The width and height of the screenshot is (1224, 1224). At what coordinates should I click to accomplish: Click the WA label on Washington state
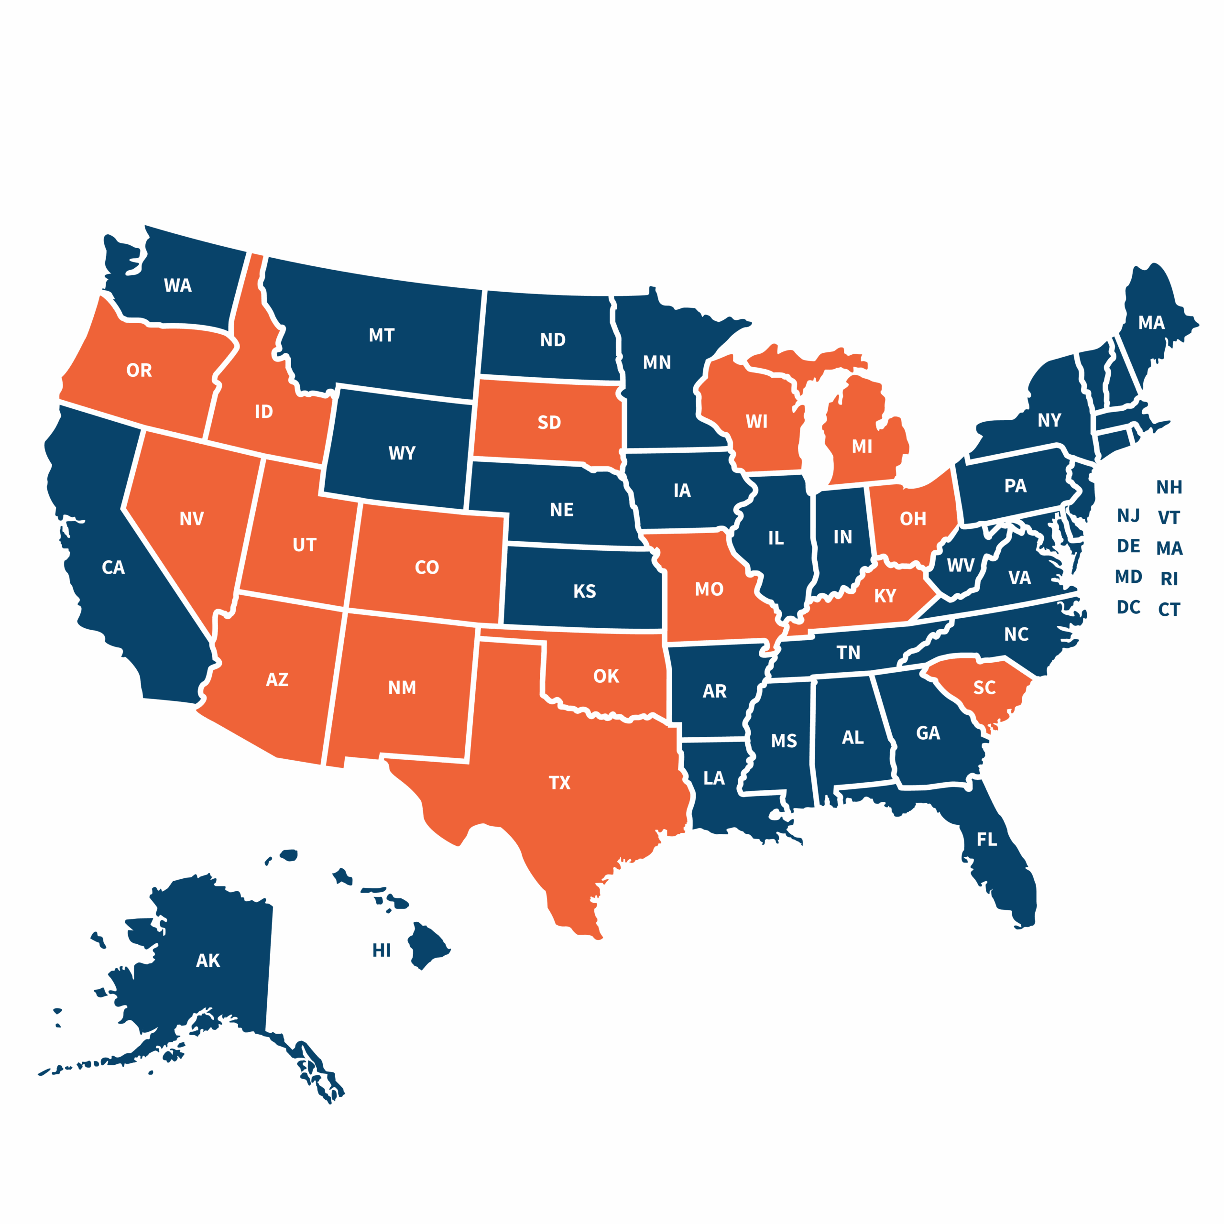pos(177,286)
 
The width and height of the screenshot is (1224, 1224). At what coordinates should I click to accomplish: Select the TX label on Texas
pos(559,783)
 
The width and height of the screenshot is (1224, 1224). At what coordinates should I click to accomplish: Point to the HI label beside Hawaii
pos(382,951)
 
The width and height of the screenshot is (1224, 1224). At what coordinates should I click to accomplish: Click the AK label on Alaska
pos(208,961)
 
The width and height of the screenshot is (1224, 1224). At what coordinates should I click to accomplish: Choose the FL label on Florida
pos(986,840)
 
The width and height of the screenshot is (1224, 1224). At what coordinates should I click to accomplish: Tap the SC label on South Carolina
pos(984,688)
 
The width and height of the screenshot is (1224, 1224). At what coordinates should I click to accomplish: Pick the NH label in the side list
pos(1169,487)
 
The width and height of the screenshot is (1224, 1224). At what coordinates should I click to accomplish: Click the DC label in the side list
pos(1128,608)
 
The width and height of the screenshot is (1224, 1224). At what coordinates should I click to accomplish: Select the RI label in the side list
pos(1169,579)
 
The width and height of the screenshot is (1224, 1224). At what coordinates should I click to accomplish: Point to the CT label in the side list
pos(1169,610)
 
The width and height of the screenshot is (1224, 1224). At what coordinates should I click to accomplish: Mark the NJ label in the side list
pos(1128,516)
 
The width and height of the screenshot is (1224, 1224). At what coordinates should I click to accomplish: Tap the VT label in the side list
pos(1169,518)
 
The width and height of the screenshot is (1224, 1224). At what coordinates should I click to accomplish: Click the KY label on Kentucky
pos(885,596)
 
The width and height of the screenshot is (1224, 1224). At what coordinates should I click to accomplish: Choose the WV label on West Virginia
pos(961,566)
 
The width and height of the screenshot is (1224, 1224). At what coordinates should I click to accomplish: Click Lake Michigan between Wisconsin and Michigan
pos(815,444)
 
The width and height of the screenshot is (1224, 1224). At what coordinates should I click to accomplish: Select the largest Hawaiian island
pos(426,944)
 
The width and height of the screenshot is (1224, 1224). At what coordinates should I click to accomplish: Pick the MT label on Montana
pos(382,335)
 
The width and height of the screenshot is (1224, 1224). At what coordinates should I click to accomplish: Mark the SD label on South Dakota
pos(549,423)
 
